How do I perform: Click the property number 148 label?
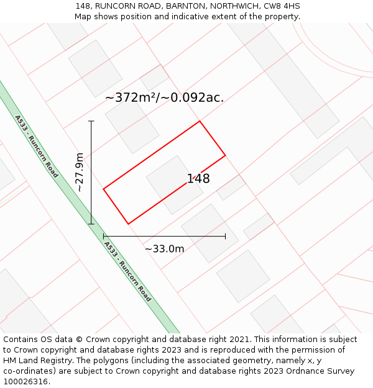click(x=198, y=179)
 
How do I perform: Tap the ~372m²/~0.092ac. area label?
click(x=164, y=97)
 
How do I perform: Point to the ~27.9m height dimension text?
click(x=80, y=172)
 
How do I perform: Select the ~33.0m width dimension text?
click(x=164, y=249)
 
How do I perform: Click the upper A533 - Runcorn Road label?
click(x=37, y=147)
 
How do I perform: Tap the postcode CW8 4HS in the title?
click(x=283, y=6)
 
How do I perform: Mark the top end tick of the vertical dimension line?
click(x=91, y=121)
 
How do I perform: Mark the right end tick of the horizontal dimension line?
click(x=225, y=236)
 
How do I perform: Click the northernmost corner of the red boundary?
click(x=200, y=121)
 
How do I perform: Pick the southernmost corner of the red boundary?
click(x=128, y=224)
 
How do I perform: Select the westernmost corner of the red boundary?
click(x=103, y=188)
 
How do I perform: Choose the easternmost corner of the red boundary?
click(x=225, y=155)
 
